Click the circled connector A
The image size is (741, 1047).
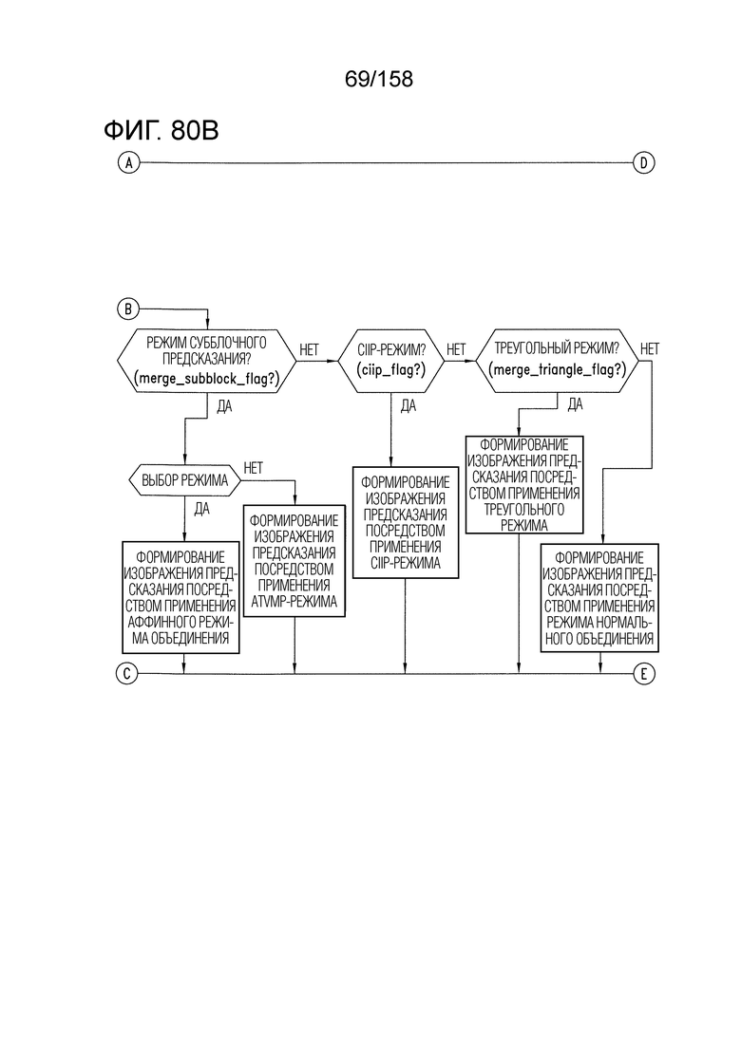[128, 162]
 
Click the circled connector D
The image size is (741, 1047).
[643, 162]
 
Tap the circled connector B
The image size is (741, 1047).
[128, 309]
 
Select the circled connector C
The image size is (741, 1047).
[126, 674]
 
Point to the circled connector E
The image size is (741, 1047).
[643, 674]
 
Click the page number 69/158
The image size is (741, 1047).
[379, 79]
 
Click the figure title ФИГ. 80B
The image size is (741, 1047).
[161, 130]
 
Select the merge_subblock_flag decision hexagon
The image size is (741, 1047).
[207, 361]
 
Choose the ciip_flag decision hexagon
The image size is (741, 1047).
[390, 361]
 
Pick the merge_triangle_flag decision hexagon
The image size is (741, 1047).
[558, 361]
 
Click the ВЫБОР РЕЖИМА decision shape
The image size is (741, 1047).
[184, 480]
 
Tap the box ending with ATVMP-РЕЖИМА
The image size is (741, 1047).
[294, 560]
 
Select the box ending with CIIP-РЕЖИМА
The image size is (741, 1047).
[406, 522]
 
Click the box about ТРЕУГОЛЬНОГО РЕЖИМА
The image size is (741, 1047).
[524, 485]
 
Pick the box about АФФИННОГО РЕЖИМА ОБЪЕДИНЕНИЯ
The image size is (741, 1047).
[181, 597]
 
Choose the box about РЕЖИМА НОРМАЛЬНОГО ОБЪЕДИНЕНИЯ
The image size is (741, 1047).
[599, 598]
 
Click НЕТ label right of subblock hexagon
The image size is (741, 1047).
[309, 350]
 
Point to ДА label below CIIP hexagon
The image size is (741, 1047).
[408, 406]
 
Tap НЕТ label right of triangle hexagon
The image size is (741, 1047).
[650, 348]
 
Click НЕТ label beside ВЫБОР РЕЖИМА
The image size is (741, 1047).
[254, 468]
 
